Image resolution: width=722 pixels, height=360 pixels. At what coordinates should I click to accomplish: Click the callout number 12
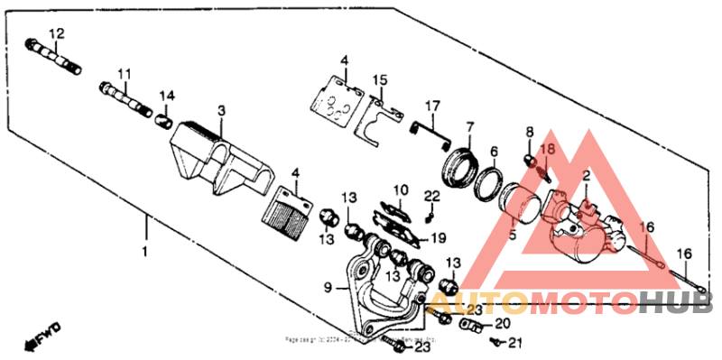click(x=56, y=33)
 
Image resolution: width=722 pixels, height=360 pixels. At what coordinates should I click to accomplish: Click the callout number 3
click(x=220, y=109)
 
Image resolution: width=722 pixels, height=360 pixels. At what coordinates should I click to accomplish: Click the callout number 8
click(x=530, y=132)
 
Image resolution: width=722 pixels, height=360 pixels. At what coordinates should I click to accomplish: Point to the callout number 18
click(x=548, y=148)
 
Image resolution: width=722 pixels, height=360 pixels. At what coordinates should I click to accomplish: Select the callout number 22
click(x=432, y=197)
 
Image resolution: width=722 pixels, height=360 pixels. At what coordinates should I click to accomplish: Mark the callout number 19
click(x=439, y=238)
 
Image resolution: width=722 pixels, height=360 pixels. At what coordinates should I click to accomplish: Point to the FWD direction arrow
click(x=42, y=337)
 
